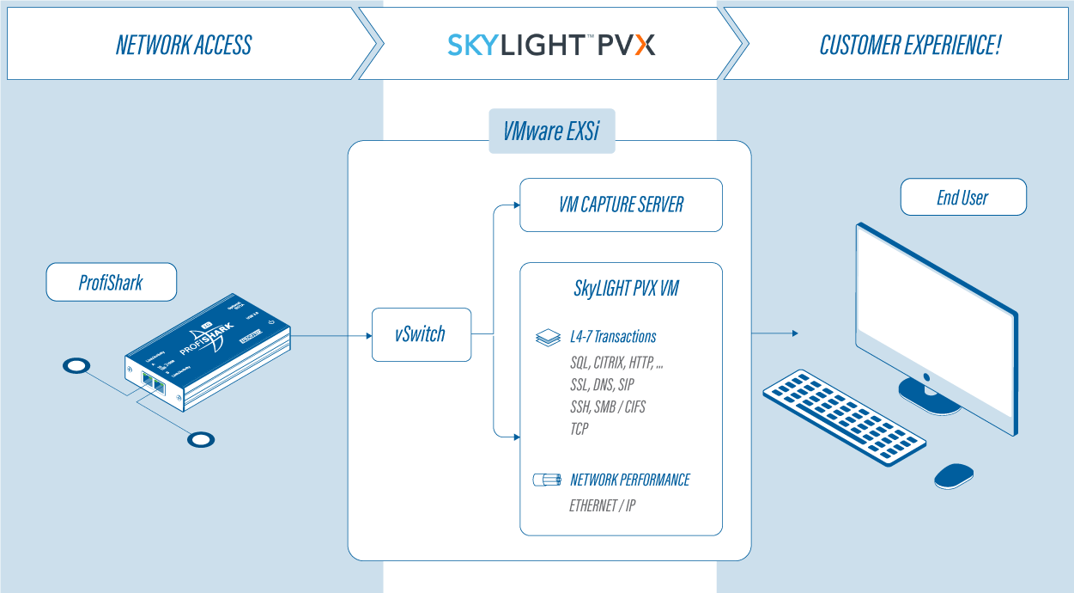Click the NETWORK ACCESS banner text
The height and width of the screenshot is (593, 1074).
[184, 45]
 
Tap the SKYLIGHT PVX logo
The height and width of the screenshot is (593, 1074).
[551, 45]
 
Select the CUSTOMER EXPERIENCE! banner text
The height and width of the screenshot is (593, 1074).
[910, 45]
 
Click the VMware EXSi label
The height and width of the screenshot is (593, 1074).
[551, 131]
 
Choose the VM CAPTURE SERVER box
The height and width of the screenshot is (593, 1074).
[621, 205]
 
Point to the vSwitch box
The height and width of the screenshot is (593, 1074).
[421, 334]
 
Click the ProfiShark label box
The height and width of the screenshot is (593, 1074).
[111, 283]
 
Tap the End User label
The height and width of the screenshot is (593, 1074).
[962, 198]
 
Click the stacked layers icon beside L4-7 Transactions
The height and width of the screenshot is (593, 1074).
[548, 337]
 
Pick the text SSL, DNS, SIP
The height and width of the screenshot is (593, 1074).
[602, 385]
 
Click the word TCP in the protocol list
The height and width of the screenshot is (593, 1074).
[579, 428]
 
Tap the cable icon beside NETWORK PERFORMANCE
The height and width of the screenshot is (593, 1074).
[546, 480]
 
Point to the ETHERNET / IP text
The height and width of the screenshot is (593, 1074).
[603, 505]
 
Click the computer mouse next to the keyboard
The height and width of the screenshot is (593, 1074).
[953, 475]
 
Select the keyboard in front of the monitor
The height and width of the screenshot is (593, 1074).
[845, 417]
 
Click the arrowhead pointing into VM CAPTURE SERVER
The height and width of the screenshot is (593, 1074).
[515, 205]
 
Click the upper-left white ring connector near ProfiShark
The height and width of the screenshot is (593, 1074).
[76, 366]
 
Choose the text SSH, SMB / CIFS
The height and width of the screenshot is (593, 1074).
[607, 407]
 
